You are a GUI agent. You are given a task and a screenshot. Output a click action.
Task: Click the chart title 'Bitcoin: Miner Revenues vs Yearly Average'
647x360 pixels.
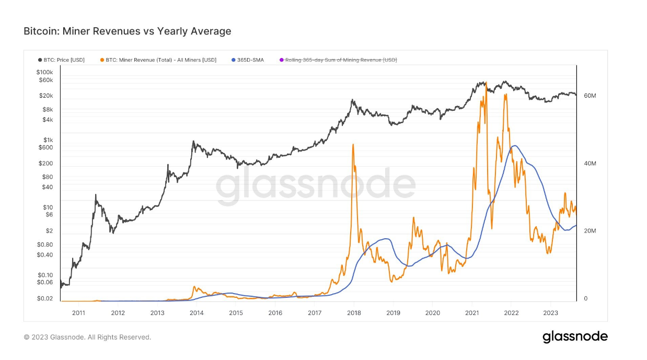127,31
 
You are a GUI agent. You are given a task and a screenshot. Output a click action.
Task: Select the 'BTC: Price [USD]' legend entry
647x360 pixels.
61,60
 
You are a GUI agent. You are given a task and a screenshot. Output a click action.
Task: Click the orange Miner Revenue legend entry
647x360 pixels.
158,60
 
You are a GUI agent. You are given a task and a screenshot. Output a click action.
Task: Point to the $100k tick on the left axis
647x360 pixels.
45,72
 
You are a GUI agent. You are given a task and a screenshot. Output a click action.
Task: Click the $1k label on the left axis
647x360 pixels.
48,140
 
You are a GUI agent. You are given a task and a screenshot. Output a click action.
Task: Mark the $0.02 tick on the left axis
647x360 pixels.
46,299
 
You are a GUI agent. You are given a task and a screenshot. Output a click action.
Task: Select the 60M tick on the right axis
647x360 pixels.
590,96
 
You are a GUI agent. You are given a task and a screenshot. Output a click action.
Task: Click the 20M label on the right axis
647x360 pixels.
590,231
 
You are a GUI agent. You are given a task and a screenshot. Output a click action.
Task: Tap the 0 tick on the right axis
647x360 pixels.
585,299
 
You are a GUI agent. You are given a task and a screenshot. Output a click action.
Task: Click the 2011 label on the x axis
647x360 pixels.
78,313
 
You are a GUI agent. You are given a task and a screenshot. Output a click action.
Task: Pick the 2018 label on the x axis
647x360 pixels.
354,313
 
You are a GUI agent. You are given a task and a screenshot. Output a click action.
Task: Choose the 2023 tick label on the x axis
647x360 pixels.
550,313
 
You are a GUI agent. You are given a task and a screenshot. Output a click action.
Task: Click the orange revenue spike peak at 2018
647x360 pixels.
353,145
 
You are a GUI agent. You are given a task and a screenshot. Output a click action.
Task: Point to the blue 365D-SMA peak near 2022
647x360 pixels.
515,146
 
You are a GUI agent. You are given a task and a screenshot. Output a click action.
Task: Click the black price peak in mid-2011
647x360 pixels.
96,195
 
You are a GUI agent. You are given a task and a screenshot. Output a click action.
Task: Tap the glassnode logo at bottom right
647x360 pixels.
575,336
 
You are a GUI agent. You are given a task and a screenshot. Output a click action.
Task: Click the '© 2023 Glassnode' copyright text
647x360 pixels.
87,338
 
